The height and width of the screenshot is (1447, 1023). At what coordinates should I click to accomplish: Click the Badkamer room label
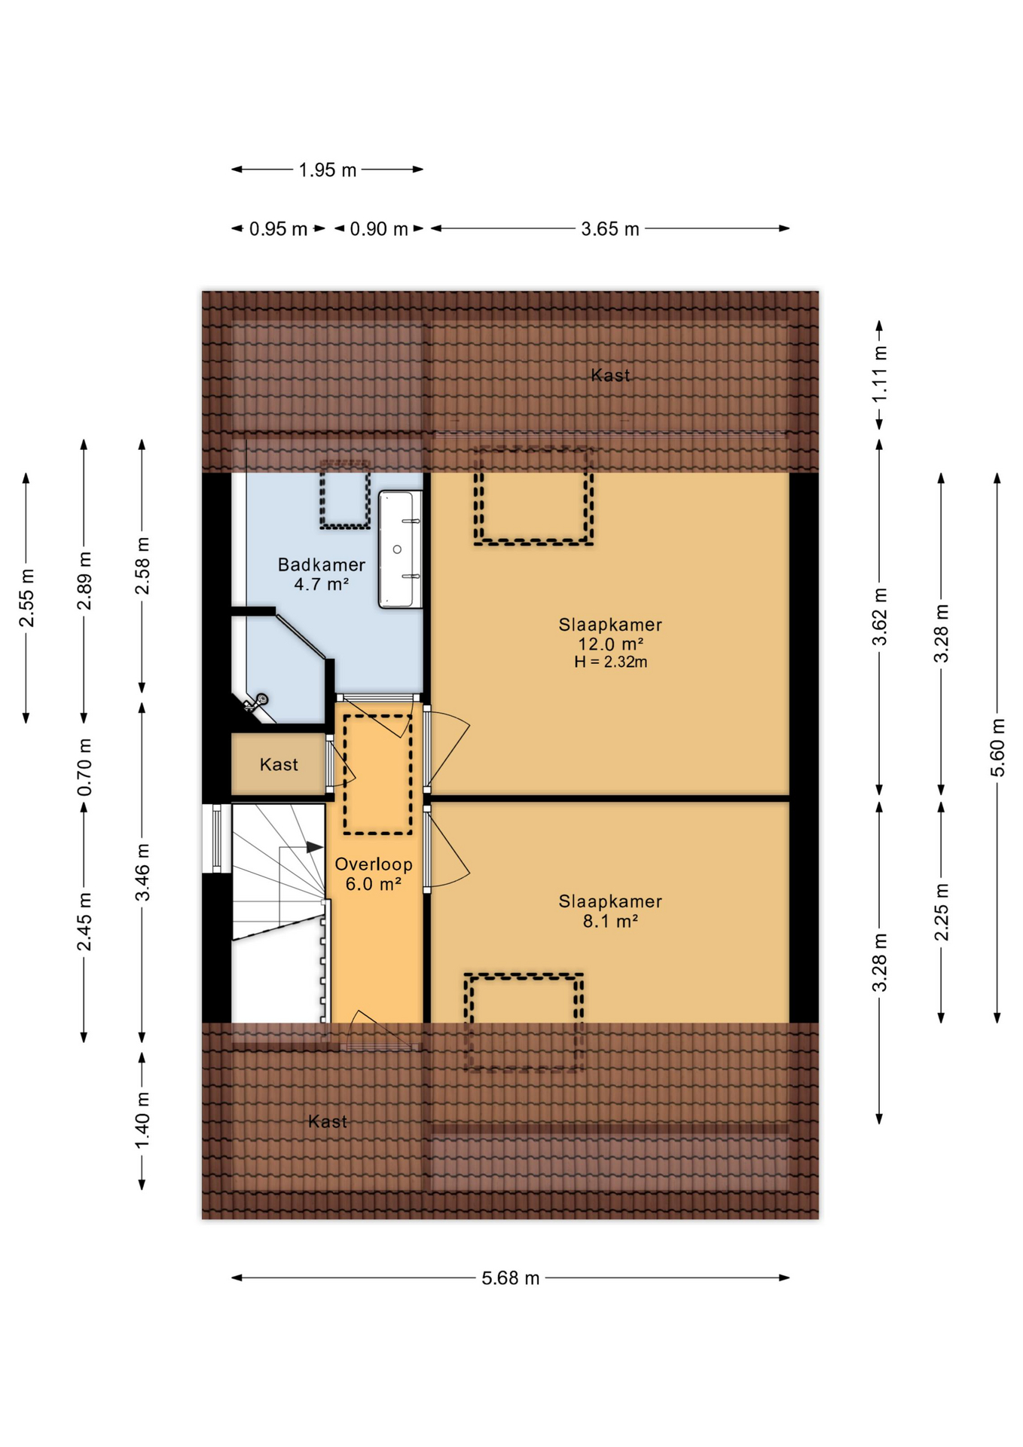(321, 564)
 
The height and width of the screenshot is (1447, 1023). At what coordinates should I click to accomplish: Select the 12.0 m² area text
(610, 644)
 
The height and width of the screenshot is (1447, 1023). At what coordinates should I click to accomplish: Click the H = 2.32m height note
(610, 662)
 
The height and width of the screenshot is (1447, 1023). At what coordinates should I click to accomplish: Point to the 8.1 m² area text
(610, 921)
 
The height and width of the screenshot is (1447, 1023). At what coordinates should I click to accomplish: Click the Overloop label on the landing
(373, 864)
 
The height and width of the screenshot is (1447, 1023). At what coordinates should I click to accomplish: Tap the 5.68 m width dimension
(510, 1278)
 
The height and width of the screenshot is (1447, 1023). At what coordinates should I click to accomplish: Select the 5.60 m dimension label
(997, 748)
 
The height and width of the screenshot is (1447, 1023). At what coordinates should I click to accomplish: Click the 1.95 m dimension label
(327, 170)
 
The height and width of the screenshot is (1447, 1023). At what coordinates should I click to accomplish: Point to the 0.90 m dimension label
(378, 229)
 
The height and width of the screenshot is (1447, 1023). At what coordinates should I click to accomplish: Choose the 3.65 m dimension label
(609, 229)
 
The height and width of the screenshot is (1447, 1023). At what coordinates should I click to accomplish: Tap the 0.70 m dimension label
(84, 766)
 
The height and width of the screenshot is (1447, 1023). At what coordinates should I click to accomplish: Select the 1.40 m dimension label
(142, 1120)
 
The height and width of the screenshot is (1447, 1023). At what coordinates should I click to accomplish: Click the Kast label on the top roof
(609, 375)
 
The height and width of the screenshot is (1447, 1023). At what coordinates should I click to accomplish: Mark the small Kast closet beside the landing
(278, 765)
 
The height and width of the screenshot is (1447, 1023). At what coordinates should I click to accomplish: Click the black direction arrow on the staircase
(314, 848)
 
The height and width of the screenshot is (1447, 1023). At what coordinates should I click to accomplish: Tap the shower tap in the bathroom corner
(256, 702)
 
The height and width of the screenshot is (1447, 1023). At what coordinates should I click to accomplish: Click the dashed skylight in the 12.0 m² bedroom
(533, 496)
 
